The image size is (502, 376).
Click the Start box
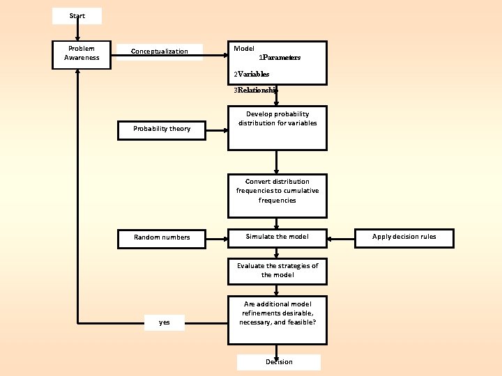[x=77, y=16]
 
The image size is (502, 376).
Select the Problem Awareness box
[x=82, y=54]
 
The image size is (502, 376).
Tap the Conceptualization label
[x=160, y=52]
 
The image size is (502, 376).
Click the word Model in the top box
[x=244, y=49]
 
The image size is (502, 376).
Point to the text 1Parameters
[x=280, y=58]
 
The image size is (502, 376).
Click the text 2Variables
[x=252, y=73]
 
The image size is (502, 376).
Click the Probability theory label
[x=162, y=129]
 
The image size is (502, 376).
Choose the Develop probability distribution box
[x=277, y=128]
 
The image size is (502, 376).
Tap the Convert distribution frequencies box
[x=277, y=196]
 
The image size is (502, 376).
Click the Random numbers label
[x=162, y=237]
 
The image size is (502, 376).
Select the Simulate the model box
[x=277, y=237]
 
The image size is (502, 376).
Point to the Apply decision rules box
[x=404, y=237]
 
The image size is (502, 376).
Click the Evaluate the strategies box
[x=277, y=271]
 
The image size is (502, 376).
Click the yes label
[x=165, y=322]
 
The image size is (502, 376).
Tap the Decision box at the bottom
[x=279, y=362]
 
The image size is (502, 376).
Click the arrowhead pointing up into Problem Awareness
[x=78, y=72]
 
